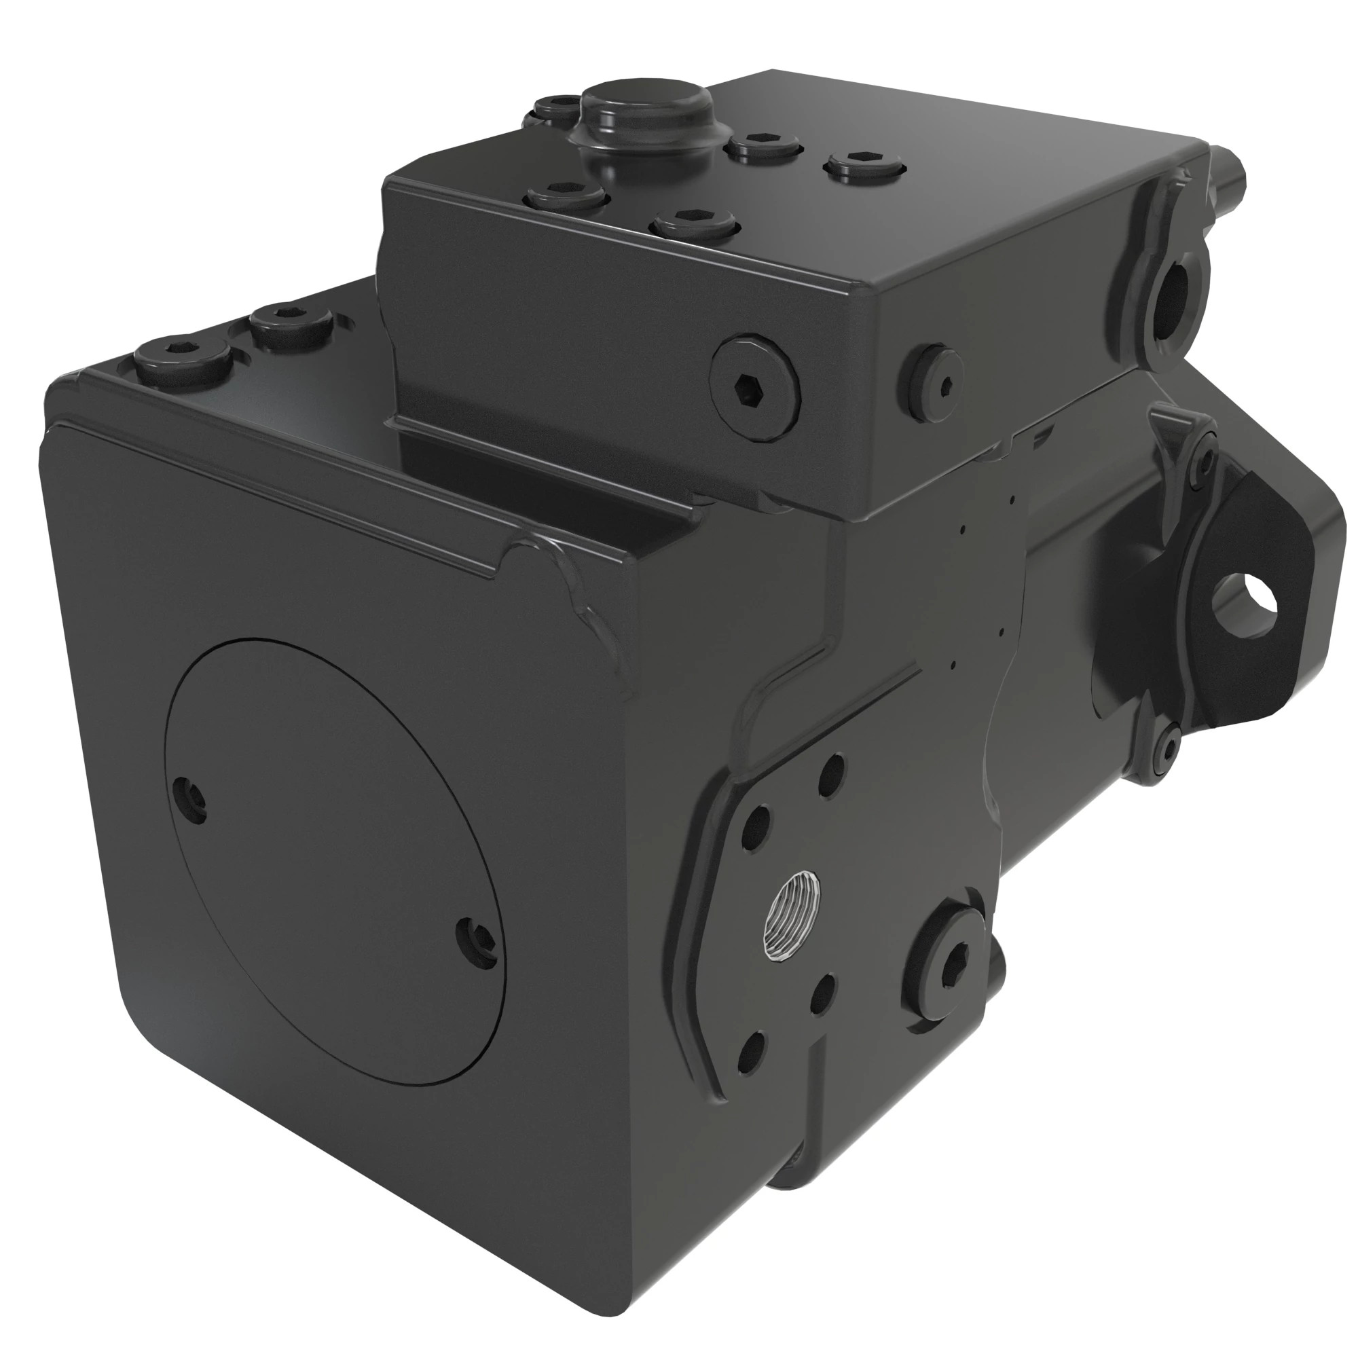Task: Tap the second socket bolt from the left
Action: coord(291,320)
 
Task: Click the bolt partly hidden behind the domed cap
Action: coord(555,109)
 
